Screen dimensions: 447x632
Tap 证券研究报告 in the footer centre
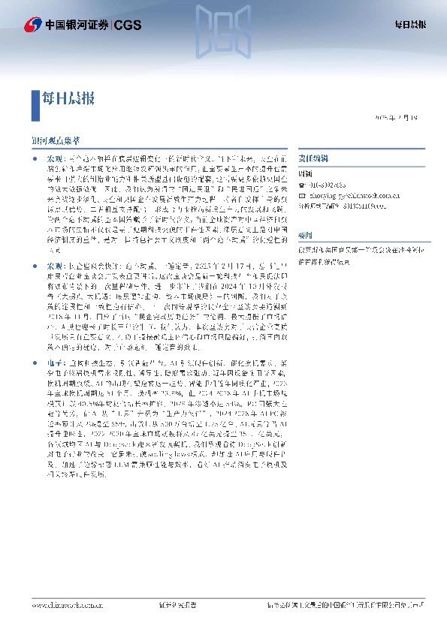(178, 604)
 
